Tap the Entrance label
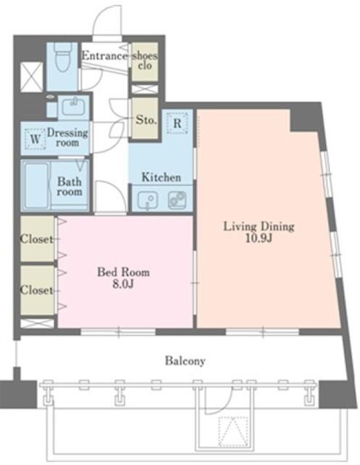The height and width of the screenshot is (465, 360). [105, 56]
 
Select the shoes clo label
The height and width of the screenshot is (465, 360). [144, 60]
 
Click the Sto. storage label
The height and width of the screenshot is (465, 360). [146, 120]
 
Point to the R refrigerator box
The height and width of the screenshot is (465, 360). [177, 123]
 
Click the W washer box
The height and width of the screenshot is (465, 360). [36, 139]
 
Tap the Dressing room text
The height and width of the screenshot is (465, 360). [67, 137]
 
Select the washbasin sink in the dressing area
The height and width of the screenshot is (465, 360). [73, 107]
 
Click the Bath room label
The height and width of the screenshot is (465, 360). [70, 186]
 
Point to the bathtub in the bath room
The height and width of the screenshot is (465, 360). [36, 186]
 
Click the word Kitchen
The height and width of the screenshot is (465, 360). [161, 177]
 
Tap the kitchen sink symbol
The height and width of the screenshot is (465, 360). [147, 200]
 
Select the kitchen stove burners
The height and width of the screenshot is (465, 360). [177, 200]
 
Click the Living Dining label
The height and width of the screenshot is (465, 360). [258, 227]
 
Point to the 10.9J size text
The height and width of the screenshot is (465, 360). [258, 238]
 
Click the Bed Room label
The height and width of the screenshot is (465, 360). [123, 272]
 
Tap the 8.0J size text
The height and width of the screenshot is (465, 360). [123, 284]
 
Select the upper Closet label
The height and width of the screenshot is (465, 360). [36, 239]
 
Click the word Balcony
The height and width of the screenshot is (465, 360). [185, 361]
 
